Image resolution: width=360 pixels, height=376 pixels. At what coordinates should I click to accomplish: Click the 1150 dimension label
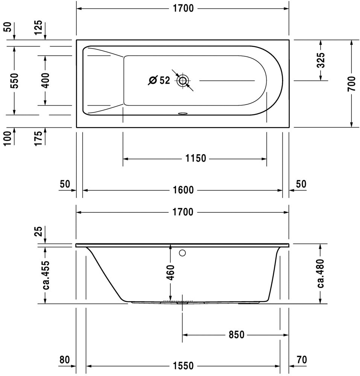[196, 159]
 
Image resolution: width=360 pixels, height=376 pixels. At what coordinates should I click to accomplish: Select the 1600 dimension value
[183, 190]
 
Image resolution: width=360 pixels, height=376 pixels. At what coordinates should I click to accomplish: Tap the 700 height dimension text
[352, 83]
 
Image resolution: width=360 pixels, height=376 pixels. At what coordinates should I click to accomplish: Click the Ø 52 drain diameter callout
[159, 80]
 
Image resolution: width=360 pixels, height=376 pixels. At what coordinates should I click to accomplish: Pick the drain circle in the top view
[183, 80]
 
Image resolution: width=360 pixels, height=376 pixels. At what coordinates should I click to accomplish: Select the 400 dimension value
[45, 80]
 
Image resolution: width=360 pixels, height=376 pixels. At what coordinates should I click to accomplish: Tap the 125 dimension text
[38, 27]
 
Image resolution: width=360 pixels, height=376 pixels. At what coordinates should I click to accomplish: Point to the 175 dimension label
[38, 138]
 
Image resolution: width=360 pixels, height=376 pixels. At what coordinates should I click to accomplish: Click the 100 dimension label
[8, 138]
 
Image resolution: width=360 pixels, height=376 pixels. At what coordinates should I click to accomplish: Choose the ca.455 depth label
[46, 274]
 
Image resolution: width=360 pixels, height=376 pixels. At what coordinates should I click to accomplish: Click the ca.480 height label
[321, 273]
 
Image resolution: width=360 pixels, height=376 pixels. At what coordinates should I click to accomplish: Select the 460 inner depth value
[170, 272]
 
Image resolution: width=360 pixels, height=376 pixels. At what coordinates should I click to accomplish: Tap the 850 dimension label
[237, 335]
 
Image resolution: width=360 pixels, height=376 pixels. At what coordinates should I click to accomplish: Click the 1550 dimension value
[183, 366]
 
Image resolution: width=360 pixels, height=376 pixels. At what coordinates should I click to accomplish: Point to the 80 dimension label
[65, 360]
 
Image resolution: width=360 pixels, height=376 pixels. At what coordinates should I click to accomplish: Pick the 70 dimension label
[302, 360]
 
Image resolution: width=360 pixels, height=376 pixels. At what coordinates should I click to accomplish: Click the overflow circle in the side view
[182, 253]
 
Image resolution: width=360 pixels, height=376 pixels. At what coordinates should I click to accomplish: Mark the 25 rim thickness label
[38, 231]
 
